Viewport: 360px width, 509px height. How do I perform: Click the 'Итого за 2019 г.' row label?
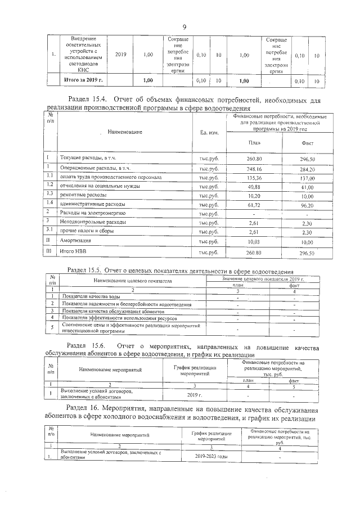(x=83, y=80)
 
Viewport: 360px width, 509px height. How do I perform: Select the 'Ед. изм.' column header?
(x=209, y=132)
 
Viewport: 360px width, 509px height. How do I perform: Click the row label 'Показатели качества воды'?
(x=91, y=296)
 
